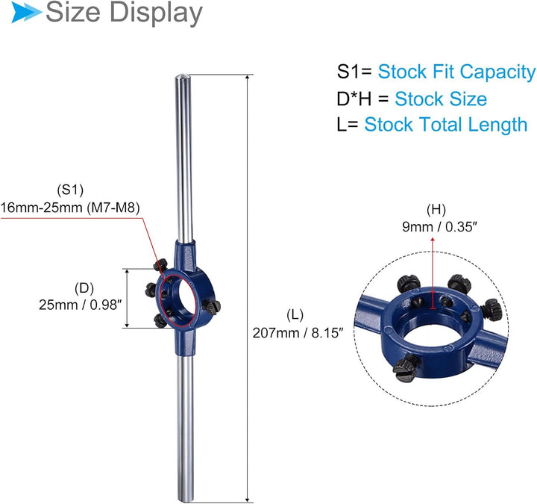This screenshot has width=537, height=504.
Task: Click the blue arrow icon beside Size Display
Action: coord(26,13)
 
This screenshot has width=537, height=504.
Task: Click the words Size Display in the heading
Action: coord(124,13)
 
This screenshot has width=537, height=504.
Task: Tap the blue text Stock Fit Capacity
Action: coord(456,72)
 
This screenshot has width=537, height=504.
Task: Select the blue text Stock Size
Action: coord(441,99)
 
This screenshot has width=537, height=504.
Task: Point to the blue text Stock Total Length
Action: coord(445,125)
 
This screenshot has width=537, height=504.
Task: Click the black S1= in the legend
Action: coord(354,72)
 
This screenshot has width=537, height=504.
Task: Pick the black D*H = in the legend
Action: coord(362,99)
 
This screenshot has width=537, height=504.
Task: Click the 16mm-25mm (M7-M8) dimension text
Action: coord(70,208)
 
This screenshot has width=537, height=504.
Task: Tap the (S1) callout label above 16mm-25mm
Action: coord(70,190)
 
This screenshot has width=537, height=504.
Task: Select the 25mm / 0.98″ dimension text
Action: coord(80,305)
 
